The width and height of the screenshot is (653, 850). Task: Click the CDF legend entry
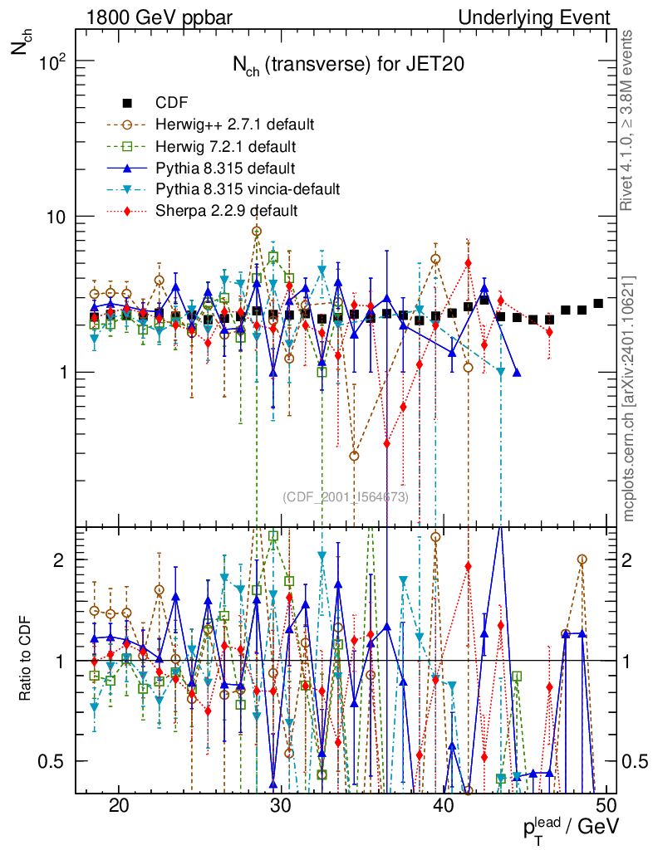pyautogui.click(x=172, y=103)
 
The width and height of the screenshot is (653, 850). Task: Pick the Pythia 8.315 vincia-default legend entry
pyautogui.click(x=248, y=189)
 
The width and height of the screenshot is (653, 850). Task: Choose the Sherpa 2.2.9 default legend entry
pyautogui.click(x=226, y=211)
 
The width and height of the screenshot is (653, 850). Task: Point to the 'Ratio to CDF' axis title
pyautogui.click(x=25, y=660)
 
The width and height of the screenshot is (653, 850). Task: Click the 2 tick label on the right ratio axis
pyautogui.click(x=632, y=559)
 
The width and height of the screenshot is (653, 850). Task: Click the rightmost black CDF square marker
pyautogui.click(x=598, y=303)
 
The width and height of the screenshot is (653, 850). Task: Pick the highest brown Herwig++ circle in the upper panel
pyautogui.click(x=257, y=232)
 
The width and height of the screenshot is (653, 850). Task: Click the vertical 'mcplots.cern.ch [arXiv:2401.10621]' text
pyautogui.click(x=629, y=398)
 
